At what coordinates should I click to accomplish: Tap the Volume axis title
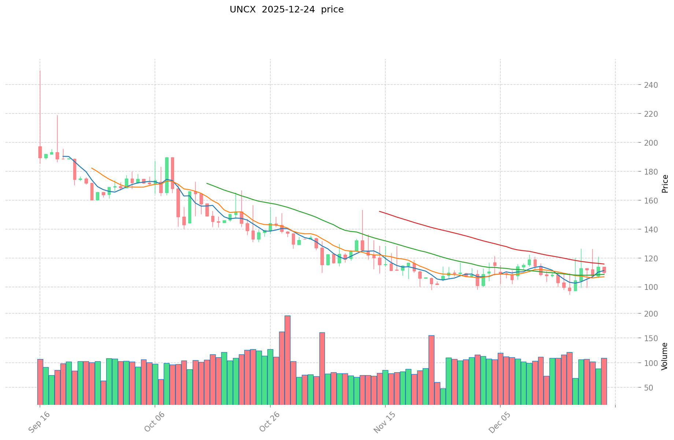[x=665, y=356]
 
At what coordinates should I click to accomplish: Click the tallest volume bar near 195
[x=288, y=360]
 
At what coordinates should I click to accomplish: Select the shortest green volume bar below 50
[x=443, y=396]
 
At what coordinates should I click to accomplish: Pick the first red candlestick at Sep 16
[x=40, y=152]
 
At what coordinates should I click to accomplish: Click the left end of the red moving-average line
[x=379, y=212]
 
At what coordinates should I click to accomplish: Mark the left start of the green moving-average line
[x=207, y=183]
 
